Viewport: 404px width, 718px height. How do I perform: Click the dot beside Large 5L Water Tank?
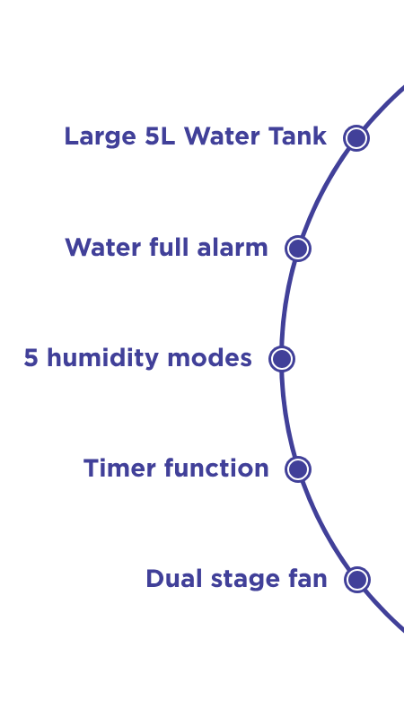pos(356,138)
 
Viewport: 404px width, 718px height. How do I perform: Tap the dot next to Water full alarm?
pos(298,249)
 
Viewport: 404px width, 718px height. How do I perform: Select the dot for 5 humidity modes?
pos(282,358)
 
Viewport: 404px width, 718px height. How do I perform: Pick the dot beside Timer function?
pos(298,468)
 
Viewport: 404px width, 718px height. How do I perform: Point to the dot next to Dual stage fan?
pos(356,579)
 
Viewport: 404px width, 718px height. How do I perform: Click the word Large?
pos(100,137)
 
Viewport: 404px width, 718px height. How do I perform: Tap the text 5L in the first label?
pos(160,136)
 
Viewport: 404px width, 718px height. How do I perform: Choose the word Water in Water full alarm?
pos(102,248)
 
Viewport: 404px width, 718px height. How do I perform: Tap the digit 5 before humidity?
pos(31,357)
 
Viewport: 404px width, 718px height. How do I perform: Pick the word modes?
pos(210,357)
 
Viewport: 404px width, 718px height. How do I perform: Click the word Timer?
pos(119,468)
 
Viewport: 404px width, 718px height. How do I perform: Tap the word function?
pos(216,468)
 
